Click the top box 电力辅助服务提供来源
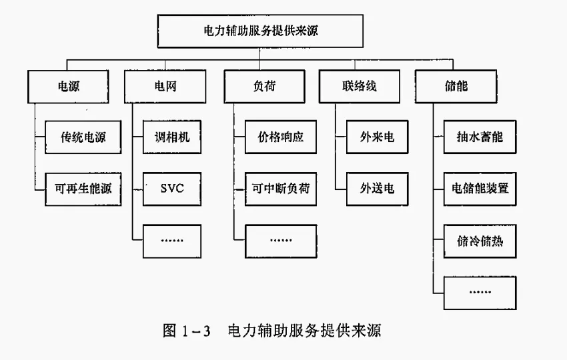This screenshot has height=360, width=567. pos(265,31)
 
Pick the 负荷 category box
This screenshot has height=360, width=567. pos(259,86)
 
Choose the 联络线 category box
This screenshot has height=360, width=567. pos(361,86)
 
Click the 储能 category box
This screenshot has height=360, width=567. pos(460,86)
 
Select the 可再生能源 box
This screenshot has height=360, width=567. pos(83,189)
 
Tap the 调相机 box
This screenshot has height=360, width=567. pos(171,137)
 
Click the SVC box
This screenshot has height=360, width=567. pos(171,189)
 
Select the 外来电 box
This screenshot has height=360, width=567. pos(378,137)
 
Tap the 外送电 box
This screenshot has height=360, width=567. pos(378,189)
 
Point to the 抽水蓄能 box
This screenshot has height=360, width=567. pos(480,137)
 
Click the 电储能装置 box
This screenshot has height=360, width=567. pos(480,189)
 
